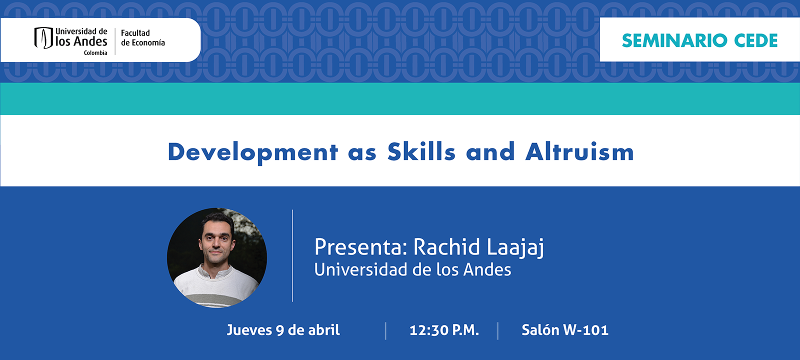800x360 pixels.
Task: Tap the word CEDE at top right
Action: [x=756, y=40]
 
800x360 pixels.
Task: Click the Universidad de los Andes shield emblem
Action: [x=43, y=38]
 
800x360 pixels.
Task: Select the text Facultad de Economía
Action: [x=143, y=38]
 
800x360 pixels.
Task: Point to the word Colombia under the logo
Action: [x=95, y=53]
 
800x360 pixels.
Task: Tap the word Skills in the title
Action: [x=422, y=151]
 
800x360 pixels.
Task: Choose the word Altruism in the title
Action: [x=579, y=151]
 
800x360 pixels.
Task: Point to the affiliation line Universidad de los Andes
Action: [x=412, y=269]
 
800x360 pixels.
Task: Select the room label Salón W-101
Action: [x=565, y=330]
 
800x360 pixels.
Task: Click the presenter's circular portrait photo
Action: [x=217, y=257]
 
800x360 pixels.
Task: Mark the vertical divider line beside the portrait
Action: [x=292, y=255]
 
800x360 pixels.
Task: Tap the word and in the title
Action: [x=490, y=151]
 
